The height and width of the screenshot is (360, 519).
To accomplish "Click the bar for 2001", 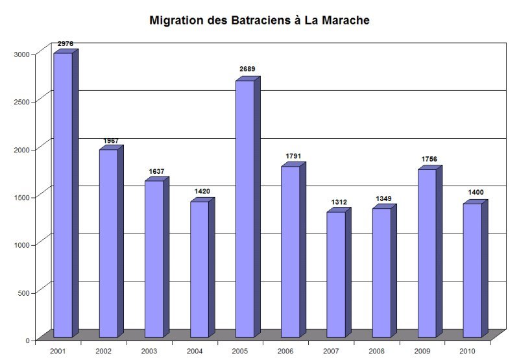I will coord(62,195).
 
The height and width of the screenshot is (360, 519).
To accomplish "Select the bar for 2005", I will coord(245,208).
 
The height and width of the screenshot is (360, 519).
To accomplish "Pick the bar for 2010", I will coord(472,270).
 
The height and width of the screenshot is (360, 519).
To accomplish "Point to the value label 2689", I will coord(246,69).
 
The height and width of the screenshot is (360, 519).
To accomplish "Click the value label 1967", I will coord(111,141).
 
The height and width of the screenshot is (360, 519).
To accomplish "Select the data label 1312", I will coord(338,202).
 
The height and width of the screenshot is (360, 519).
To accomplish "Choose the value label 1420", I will coord(202,191).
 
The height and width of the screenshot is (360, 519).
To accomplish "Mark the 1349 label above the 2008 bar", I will coord(383,198).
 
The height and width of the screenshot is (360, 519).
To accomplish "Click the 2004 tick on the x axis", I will coord(195,350).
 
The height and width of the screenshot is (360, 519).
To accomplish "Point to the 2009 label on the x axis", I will coord(422,350).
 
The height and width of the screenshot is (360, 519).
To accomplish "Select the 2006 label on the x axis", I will coord(285,350).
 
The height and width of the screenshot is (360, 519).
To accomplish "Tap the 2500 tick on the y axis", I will coord(23,102).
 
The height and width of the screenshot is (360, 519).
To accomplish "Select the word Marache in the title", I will coord(346,21).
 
